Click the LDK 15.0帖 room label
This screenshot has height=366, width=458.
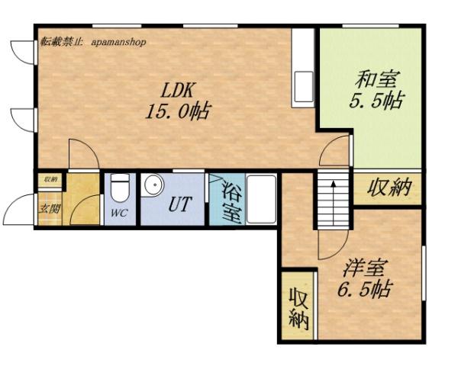tap(177, 98)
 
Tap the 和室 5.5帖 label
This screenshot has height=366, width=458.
tap(376, 88)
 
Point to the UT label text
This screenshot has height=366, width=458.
tap(180, 204)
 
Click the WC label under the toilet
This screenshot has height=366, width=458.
tap(118, 213)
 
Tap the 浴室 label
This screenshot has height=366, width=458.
tap(233, 200)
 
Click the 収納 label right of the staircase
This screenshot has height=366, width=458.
tap(388, 188)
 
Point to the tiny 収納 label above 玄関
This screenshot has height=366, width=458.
tap(50, 180)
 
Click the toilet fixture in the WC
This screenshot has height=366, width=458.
tap(120, 188)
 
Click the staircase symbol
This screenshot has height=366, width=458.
tap(334, 200)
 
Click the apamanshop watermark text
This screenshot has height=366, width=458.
tap(118, 43)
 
